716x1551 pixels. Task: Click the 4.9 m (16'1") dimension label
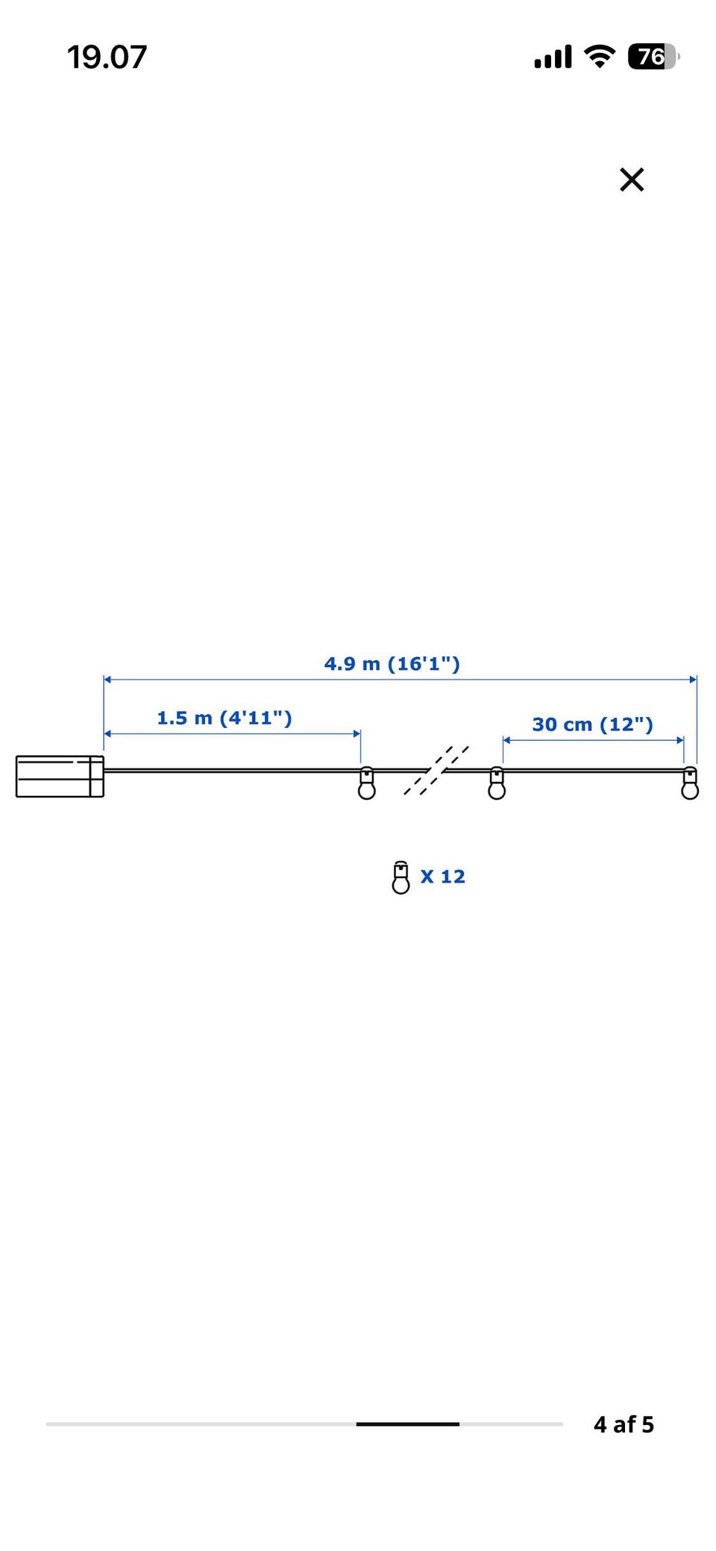pyautogui.click(x=392, y=664)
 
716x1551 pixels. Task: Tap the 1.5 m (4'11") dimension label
pyautogui.click(x=224, y=718)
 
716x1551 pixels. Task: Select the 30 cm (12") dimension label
pyautogui.click(x=593, y=724)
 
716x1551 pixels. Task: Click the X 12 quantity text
pyautogui.click(x=443, y=877)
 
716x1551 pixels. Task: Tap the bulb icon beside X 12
pyautogui.click(x=401, y=877)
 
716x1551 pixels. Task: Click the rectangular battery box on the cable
pyautogui.click(x=60, y=777)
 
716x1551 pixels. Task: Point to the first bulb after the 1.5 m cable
pyautogui.click(x=367, y=783)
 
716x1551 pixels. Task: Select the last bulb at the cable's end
pyautogui.click(x=690, y=783)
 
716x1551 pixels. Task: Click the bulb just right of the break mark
pyautogui.click(x=497, y=783)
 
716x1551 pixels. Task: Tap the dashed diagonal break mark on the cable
pyautogui.click(x=436, y=771)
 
